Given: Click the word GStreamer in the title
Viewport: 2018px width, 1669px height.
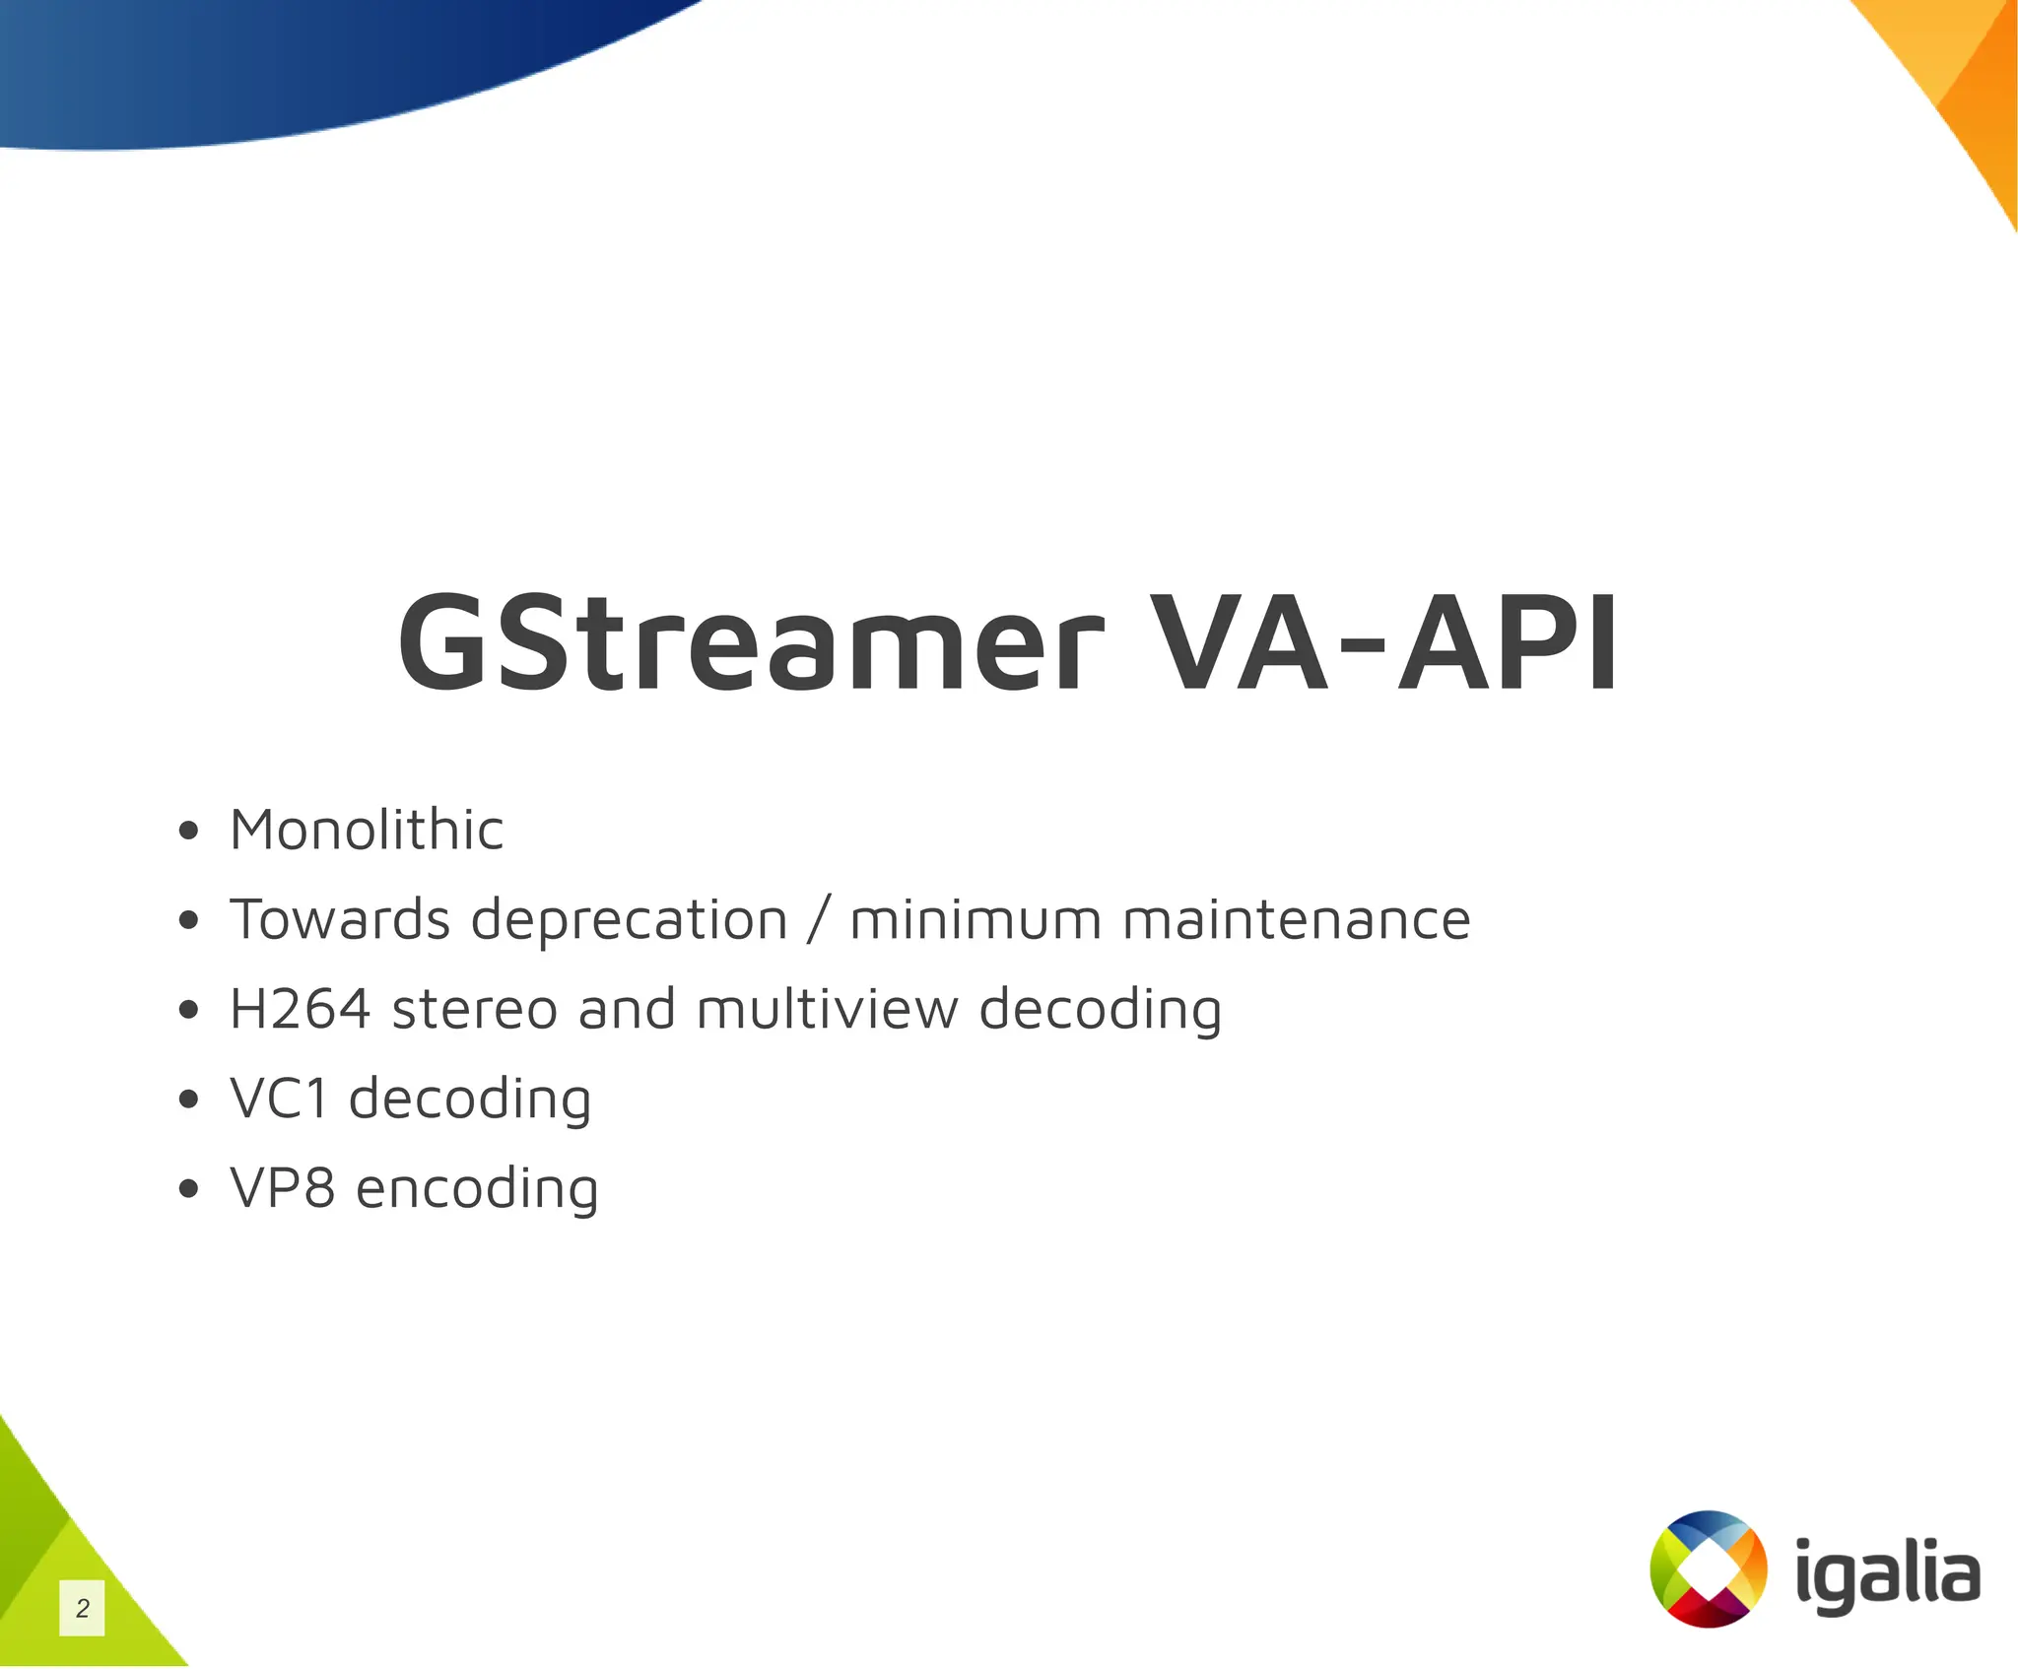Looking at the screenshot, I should click(x=751, y=644).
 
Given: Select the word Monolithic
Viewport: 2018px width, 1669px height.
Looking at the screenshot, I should click(x=367, y=830).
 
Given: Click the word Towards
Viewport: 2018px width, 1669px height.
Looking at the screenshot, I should click(x=339, y=919).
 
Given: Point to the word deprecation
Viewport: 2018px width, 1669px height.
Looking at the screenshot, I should click(x=629, y=921).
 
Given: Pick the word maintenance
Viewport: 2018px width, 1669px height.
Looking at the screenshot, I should click(x=1297, y=919).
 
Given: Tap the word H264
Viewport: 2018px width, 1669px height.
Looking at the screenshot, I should click(x=301, y=1009).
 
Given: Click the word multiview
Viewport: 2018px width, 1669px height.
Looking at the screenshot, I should click(x=827, y=1009).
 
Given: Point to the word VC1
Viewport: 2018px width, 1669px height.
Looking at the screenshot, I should click(x=279, y=1099).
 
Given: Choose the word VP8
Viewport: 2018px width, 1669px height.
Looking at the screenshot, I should click(x=282, y=1188).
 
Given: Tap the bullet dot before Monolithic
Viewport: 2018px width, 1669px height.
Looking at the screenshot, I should click(x=189, y=832).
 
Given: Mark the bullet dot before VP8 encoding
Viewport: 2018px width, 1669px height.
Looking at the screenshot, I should click(x=189, y=1190).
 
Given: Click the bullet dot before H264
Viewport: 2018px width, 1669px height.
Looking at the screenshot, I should click(x=189, y=1011).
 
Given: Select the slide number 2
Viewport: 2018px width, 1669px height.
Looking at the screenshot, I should click(x=83, y=1608).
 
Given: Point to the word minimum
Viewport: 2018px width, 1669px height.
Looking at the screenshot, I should click(x=975, y=919).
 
